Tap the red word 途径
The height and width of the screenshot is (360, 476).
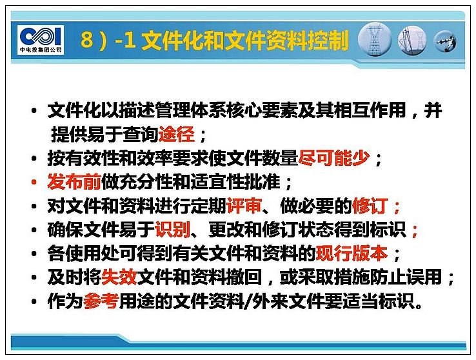point(176,134)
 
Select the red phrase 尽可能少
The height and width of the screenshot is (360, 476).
point(334,158)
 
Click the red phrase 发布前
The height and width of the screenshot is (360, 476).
point(74,182)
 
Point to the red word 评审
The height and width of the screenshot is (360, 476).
point(244,206)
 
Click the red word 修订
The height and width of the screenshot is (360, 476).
point(370,206)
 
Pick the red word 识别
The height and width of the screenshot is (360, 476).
point(172,230)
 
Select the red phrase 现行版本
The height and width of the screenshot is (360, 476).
point(352,253)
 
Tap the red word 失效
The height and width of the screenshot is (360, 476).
point(119,277)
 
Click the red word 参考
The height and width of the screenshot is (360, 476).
point(101,301)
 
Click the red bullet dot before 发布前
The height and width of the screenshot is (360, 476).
point(34,183)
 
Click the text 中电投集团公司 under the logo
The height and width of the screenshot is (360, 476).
point(41,50)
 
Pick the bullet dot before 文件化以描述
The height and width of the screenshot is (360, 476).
point(34,111)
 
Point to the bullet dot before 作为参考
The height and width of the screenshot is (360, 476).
point(34,302)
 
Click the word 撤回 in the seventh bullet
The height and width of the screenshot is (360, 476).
point(244,277)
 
